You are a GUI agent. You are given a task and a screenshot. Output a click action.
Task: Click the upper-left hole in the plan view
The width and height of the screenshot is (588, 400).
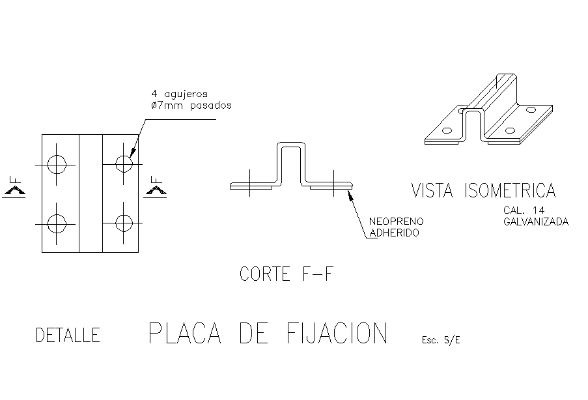(x=57, y=164)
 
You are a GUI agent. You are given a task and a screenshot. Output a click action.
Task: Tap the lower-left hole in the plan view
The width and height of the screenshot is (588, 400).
(x=57, y=223)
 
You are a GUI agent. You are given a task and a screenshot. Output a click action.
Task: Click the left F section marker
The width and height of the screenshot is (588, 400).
(x=14, y=186)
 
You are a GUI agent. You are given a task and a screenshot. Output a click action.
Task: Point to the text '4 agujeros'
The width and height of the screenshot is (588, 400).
(x=180, y=94)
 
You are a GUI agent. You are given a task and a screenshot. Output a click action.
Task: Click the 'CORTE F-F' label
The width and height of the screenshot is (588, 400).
(x=287, y=274)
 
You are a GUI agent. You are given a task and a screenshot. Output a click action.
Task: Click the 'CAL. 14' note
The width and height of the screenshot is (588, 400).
(x=524, y=210)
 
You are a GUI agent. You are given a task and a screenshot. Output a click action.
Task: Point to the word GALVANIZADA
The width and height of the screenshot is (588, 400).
(x=536, y=221)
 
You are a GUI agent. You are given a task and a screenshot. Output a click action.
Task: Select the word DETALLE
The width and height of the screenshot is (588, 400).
(x=68, y=336)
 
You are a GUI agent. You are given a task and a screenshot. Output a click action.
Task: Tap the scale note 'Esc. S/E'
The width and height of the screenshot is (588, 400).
(x=441, y=339)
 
